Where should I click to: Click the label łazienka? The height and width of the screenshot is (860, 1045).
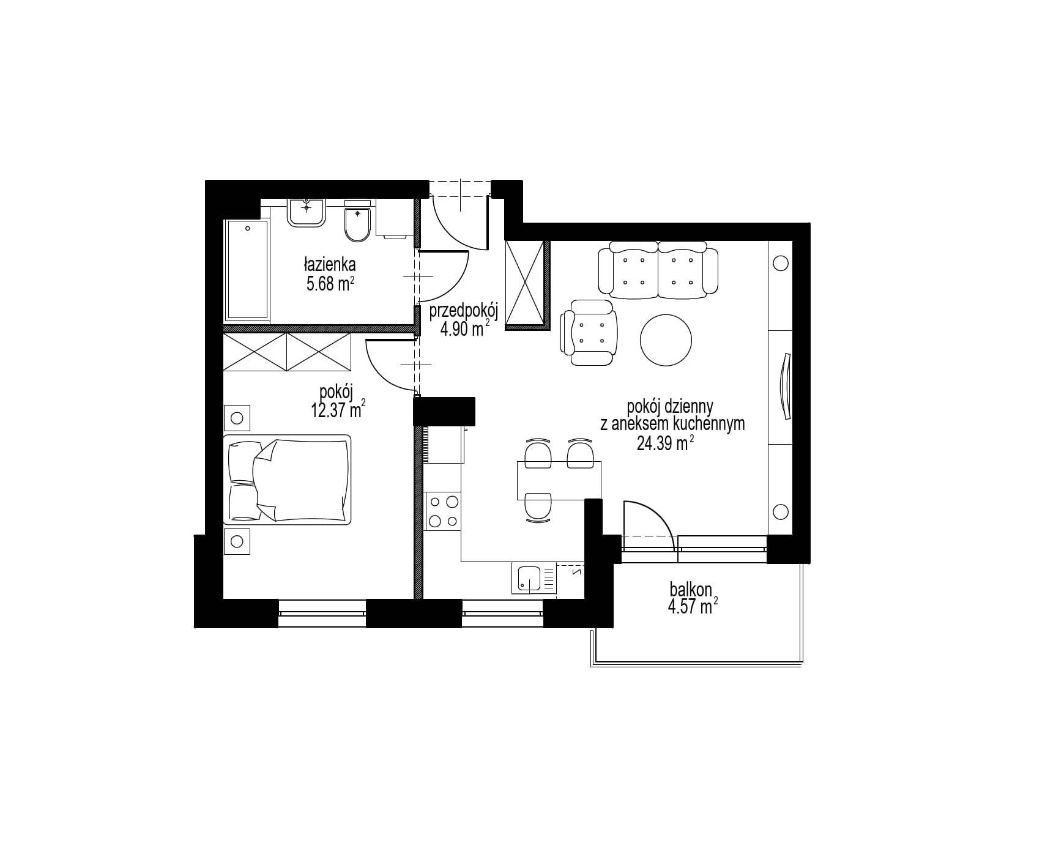click(x=329, y=265)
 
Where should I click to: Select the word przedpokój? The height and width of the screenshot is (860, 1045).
click(x=464, y=312)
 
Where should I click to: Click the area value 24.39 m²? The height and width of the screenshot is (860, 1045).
click(x=665, y=443)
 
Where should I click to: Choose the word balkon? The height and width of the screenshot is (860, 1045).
click(x=691, y=590)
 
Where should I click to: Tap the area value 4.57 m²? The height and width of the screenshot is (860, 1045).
click(x=693, y=607)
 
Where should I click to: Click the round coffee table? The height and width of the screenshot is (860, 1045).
click(x=666, y=340)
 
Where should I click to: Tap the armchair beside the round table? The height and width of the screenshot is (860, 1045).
click(x=589, y=333)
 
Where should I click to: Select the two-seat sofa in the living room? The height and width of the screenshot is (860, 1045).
click(x=658, y=270)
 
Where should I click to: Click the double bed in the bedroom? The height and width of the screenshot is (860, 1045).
click(x=288, y=480)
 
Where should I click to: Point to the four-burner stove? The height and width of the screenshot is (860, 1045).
click(x=443, y=511)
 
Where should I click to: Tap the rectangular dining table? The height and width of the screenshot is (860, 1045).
click(x=559, y=481)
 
